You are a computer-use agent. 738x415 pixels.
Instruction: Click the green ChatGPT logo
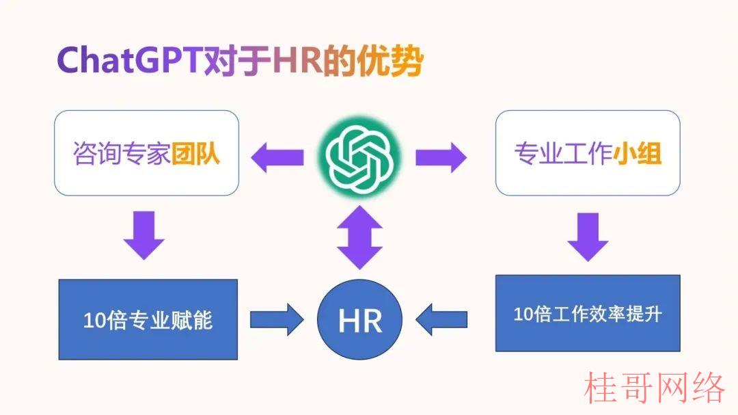point(359,157)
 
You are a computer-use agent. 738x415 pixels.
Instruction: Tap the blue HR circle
point(359,319)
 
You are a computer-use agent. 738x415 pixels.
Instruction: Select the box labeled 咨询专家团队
point(146,153)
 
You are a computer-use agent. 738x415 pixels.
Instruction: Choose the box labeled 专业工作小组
point(588,153)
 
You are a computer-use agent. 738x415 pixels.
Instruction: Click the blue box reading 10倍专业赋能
point(148,319)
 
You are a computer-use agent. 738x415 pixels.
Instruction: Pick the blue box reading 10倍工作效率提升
point(588,313)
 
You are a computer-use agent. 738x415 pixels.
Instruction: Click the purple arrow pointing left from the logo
point(277,157)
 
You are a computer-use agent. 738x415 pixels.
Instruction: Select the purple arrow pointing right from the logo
point(441,157)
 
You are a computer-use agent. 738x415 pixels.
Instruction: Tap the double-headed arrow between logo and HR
point(359,237)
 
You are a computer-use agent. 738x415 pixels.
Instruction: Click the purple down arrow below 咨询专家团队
point(144,235)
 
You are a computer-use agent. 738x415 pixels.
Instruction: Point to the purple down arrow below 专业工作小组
point(588,237)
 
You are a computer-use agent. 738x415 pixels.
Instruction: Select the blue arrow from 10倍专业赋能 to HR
point(277,319)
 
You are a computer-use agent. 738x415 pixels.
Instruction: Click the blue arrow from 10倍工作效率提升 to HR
point(441,319)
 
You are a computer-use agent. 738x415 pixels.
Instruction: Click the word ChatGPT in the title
point(129,60)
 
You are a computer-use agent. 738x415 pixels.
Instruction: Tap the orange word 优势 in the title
point(390,60)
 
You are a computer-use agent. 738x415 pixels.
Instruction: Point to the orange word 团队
point(195,153)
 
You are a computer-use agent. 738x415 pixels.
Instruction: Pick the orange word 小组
point(638,153)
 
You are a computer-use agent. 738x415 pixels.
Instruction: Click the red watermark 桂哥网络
point(654,388)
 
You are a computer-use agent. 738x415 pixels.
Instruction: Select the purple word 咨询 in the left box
point(97,153)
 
